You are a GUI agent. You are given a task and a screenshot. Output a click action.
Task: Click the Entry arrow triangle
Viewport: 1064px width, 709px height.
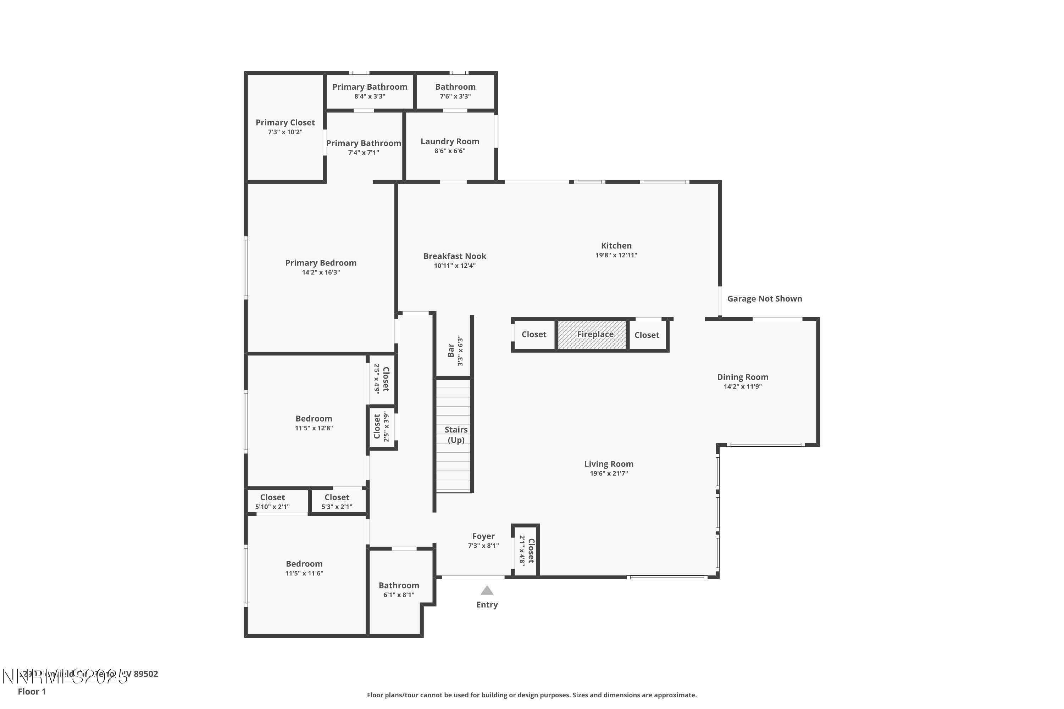(x=487, y=590)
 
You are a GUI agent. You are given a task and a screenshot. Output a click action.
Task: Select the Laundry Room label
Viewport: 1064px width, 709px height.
(x=450, y=141)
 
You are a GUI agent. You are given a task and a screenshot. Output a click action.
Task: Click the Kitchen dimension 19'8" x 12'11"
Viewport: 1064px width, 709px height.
(x=616, y=255)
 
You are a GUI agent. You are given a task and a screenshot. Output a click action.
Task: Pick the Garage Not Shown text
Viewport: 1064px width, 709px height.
(x=765, y=298)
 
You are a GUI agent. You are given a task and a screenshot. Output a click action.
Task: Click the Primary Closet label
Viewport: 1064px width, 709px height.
(x=285, y=123)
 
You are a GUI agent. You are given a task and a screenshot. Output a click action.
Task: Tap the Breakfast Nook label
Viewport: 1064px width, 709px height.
(x=455, y=256)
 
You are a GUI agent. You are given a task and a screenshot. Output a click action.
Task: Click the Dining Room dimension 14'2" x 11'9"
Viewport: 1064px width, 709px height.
(x=742, y=387)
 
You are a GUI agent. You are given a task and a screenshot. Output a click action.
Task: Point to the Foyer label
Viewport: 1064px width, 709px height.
(x=483, y=536)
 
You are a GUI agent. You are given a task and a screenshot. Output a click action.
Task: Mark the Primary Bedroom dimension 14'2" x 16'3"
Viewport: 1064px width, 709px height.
(x=321, y=273)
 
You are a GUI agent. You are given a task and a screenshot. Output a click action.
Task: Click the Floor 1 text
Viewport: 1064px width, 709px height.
(x=32, y=691)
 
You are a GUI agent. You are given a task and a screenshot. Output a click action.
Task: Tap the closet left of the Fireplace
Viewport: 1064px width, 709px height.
(x=534, y=335)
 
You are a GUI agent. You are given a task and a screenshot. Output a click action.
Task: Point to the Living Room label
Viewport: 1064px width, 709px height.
(x=609, y=464)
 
